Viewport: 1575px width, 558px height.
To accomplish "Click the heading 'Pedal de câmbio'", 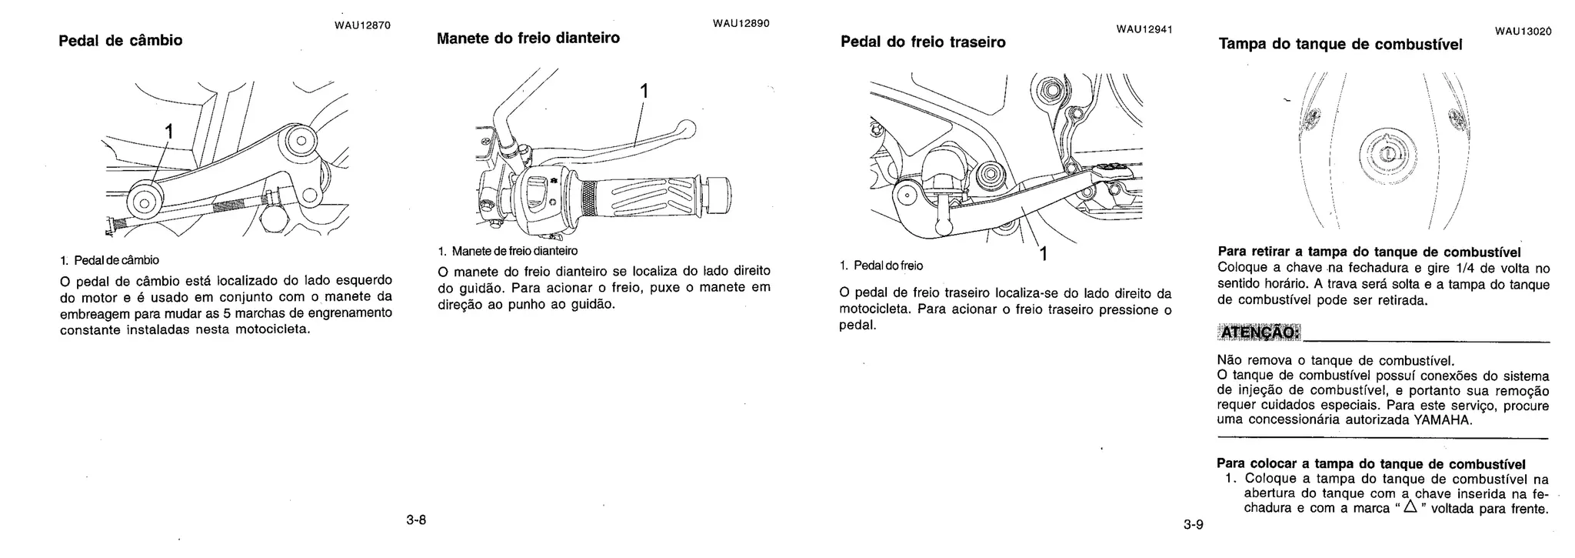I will click(121, 41).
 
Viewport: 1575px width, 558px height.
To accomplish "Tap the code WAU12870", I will click(362, 25).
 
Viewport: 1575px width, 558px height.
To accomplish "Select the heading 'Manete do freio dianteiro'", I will click(528, 38).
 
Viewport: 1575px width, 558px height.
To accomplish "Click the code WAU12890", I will click(741, 24).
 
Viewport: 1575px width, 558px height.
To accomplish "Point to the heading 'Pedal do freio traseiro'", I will click(923, 42).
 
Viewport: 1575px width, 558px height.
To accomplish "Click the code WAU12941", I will click(1144, 30).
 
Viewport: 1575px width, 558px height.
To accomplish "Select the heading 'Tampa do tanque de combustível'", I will click(1340, 45).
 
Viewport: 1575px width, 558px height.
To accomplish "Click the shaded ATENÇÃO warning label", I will click(1259, 332).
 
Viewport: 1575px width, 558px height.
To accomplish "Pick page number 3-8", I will click(416, 520).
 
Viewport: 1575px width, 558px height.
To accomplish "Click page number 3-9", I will click(1194, 526).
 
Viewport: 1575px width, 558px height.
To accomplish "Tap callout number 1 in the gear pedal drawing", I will click(168, 132).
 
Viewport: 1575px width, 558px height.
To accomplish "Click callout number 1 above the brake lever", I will click(644, 92).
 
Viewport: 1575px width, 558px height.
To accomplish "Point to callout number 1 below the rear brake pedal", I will click(1043, 253).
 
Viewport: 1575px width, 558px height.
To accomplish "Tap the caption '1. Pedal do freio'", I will click(881, 266).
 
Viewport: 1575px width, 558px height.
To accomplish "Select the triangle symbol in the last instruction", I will click(1409, 508).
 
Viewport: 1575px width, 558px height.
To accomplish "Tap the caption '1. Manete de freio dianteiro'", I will click(508, 251).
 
